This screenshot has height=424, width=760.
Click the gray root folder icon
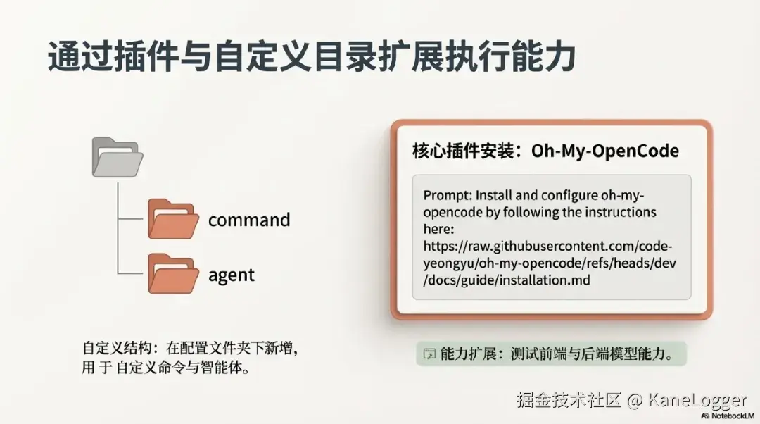(x=118, y=156)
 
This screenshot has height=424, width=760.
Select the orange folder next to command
(x=173, y=219)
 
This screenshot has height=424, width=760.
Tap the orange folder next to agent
(x=173, y=273)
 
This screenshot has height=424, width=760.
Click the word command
(x=249, y=220)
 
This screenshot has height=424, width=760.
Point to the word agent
(x=232, y=275)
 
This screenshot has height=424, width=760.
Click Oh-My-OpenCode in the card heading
(x=605, y=151)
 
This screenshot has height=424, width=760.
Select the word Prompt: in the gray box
(x=448, y=196)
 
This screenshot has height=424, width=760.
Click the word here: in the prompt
(x=438, y=229)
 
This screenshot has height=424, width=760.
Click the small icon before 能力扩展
(x=429, y=354)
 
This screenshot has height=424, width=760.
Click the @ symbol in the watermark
(x=634, y=400)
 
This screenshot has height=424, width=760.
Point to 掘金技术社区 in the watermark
(x=569, y=400)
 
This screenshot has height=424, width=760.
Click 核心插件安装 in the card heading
(x=463, y=151)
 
